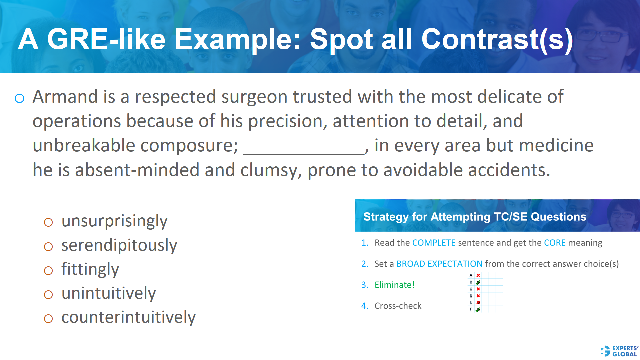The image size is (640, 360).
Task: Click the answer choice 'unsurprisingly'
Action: click(x=114, y=221)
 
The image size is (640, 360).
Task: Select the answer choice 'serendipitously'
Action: click(x=119, y=245)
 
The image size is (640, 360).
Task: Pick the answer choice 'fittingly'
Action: click(x=90, y=269)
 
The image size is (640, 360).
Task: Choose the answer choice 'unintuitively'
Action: click(x=108, y=293)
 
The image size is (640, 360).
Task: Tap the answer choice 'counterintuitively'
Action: click(x=128, y=317)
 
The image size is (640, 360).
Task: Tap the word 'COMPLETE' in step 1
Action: click(x=434, y=243)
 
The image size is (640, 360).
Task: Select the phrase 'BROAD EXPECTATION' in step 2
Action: click(x=439, y=264)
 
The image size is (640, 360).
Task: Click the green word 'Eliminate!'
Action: click(x=394, y=285)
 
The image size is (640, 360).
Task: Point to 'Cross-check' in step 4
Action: click(x=398, y=306)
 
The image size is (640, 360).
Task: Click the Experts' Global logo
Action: click(x=620, y=351)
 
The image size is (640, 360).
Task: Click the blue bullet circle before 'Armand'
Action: click(x=20, y=98)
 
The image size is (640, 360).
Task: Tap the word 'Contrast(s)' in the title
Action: click(x=497, y=39)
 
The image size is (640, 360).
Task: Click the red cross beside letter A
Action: click(x=478, y=275)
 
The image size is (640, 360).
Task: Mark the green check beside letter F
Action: click(x=478, y=310)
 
